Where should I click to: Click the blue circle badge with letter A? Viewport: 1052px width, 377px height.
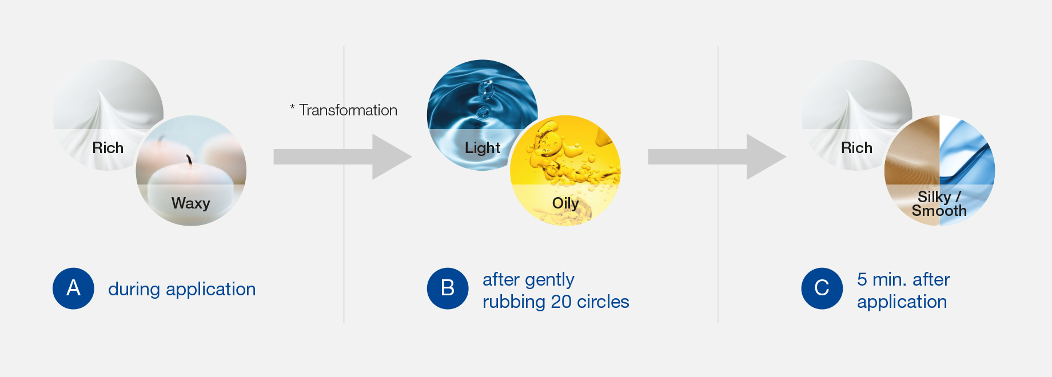click(x=73, y=288)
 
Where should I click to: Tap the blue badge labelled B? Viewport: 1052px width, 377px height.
click(x=448, y=288)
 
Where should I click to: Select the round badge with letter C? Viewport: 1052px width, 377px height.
click(x=822, y=288)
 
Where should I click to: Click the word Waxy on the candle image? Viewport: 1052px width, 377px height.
click(x=190, y=203)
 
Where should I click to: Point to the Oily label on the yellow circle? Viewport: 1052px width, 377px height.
click(x=565, y=203)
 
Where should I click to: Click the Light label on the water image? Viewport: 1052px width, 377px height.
click(x=483, y=148)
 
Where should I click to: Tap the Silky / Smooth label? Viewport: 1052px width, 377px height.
click(x=939, y=204)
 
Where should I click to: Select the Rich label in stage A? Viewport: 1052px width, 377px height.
click(x=108, y=148)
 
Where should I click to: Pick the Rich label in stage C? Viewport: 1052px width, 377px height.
click(x=856, y=148)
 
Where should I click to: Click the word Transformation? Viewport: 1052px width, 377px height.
click(x=348, y=110)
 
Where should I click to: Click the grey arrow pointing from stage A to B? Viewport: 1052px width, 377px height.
click(x=342, y=157)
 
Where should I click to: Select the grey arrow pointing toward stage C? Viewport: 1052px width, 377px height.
click(x=717, y=157)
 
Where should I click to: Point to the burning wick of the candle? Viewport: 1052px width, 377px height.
click(x=189, y=159)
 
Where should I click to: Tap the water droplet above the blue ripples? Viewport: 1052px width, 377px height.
click(x=485, y=89)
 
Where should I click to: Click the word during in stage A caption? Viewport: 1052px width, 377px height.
click(x=134, y=289)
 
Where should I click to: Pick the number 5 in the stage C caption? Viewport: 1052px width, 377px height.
click(x=862, y=279)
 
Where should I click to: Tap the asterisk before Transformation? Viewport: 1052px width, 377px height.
click(x=292, y=106)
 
